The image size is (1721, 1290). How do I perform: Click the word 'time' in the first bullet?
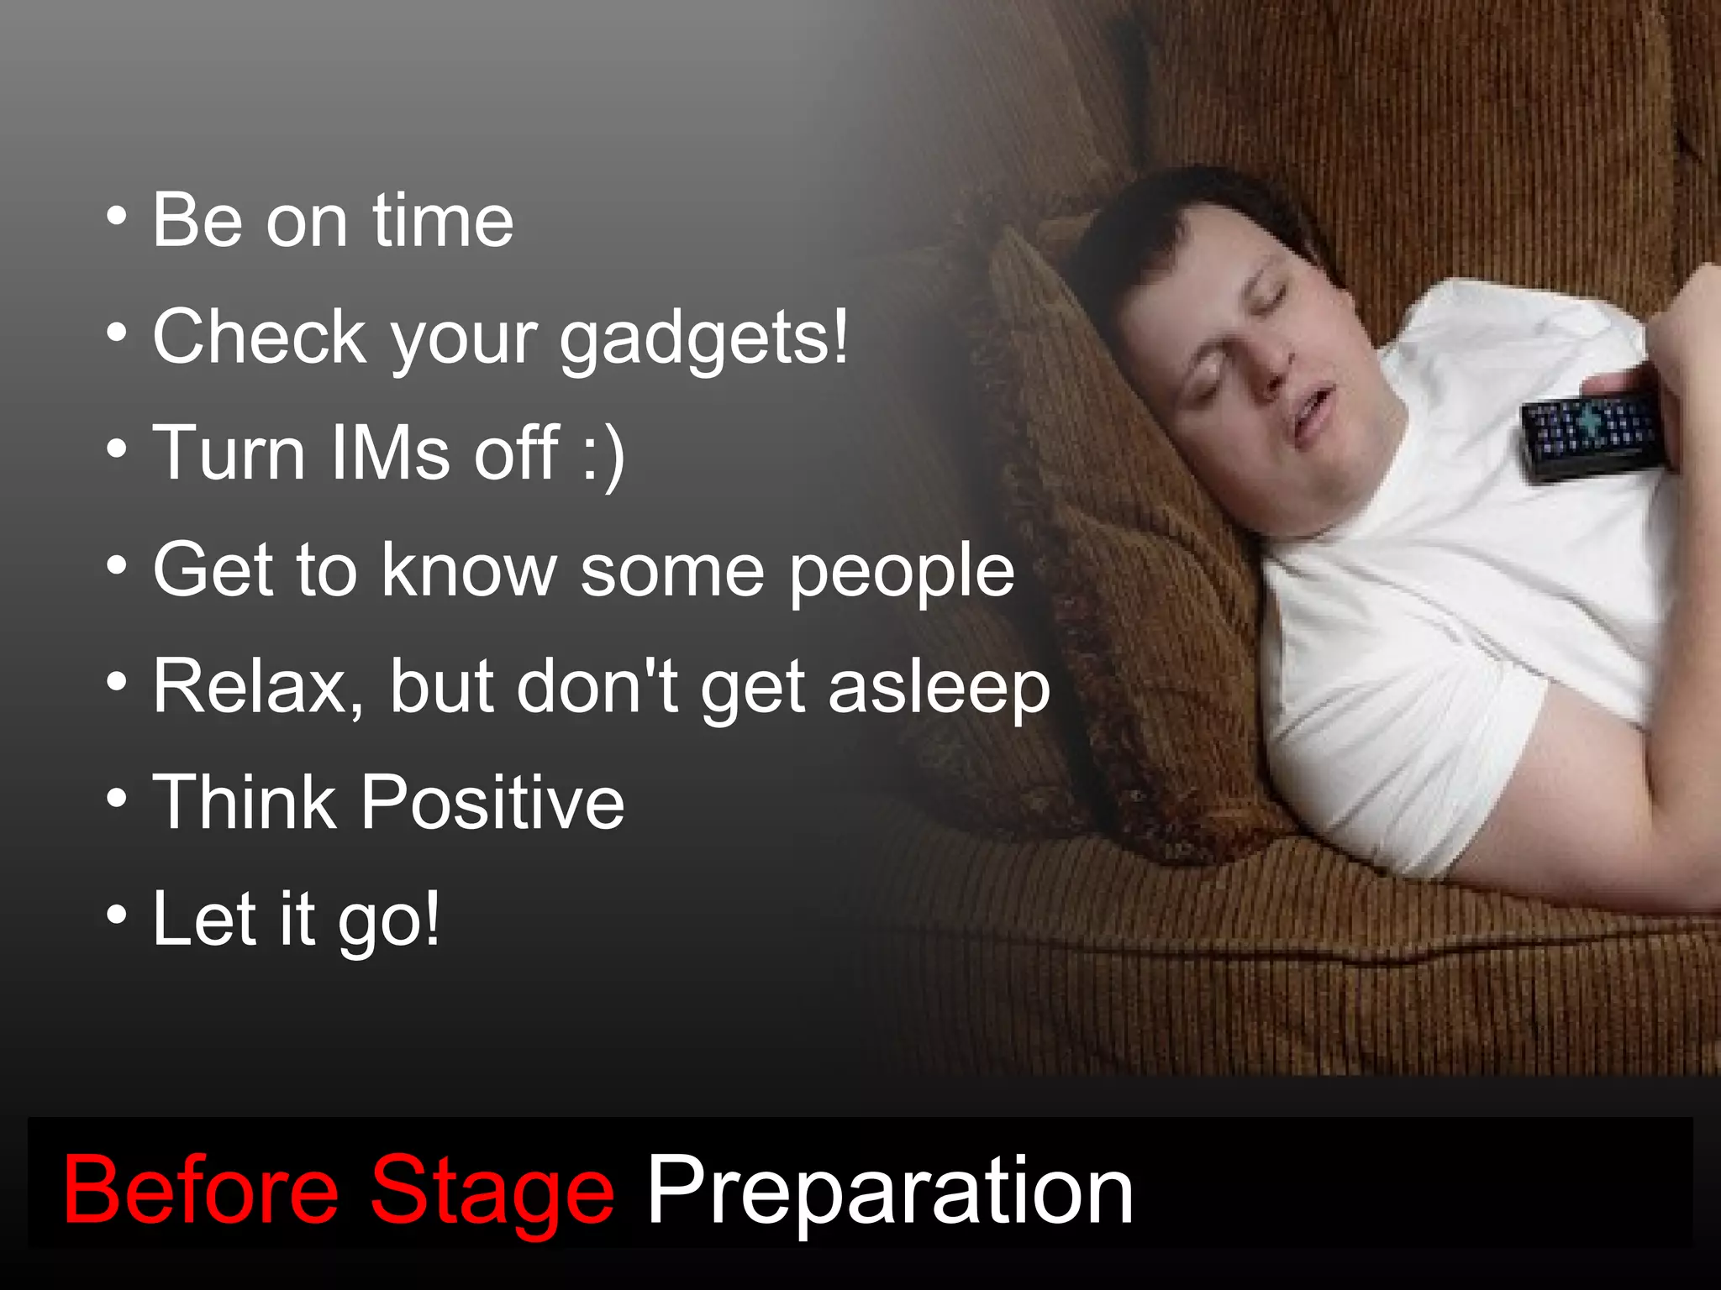(442, 221)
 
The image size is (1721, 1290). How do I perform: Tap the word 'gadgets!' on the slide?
(704, 338)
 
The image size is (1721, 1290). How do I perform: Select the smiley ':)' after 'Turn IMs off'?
(603, 454)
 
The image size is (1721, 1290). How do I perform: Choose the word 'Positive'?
(493, 802)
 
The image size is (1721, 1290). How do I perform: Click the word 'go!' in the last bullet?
(388, 920)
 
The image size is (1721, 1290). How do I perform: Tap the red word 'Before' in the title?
(201, 1191)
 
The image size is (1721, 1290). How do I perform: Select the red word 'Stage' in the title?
(492, 1191)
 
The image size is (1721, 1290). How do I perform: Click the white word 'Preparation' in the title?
(890, 1191)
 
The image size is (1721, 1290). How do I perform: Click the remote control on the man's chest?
(1592, 433)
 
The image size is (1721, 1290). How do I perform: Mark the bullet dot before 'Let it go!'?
(118, 915)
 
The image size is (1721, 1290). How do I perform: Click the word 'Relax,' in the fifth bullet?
(259, 687)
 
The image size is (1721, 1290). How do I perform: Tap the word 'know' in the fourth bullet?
(469, 571)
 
